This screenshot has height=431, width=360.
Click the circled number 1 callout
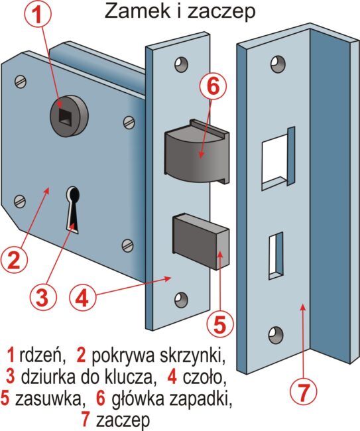point(38,15)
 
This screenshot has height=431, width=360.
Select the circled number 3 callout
point(42,298)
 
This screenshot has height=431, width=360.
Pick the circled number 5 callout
point(220,323)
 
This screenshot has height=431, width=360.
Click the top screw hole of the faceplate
point(182,65)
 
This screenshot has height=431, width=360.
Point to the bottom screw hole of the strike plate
point(276,336)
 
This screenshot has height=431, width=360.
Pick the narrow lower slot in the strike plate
point(276,256)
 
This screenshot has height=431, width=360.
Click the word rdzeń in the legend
point(42,355)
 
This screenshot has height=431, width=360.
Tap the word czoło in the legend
point(204,377)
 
